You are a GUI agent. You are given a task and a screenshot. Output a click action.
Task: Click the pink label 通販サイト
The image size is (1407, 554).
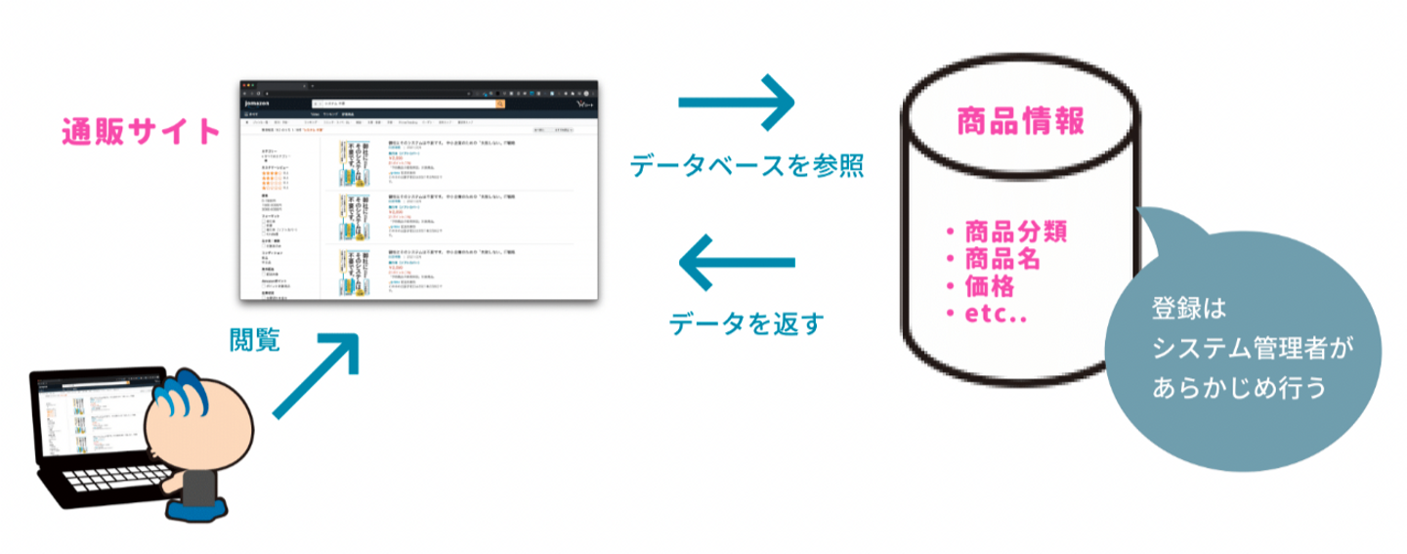pos(141,131)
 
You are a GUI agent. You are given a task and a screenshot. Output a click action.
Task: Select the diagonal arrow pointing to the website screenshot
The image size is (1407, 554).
pos(315,374)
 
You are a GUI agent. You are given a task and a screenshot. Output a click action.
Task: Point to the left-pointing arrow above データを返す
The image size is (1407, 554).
pos(737,262)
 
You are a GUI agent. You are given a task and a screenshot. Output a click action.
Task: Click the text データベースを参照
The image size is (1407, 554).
pos(746,165)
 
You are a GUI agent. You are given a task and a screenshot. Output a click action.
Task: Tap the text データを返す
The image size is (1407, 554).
pos(747,321)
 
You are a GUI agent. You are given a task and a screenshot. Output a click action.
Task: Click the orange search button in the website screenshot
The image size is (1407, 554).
pos(500,103)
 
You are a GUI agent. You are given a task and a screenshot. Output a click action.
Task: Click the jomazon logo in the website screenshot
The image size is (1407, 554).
pos(259,103)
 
